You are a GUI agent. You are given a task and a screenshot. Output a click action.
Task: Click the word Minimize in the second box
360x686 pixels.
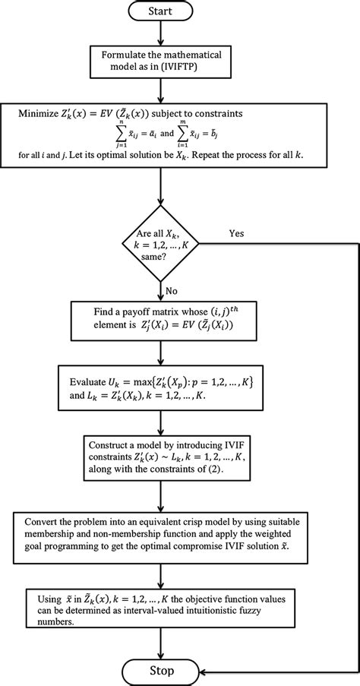tap(43, 113)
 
